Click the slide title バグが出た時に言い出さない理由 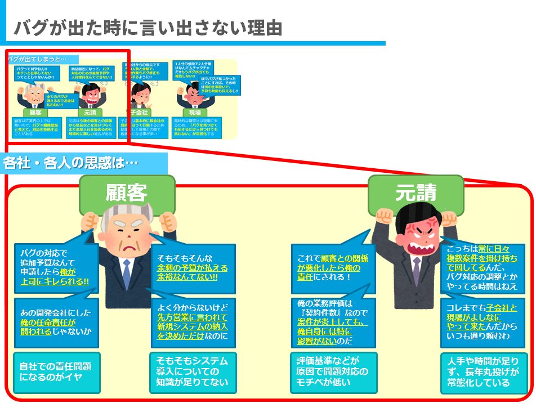point(148,26)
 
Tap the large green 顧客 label point(126,193)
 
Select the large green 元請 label point(416,193)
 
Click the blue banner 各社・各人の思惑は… point(71,163)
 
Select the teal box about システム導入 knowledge point(193,372)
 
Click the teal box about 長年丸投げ point(484,372)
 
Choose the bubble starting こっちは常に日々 point(484,268)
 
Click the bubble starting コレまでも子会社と point(484,323)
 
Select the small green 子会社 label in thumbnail point(139,112)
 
